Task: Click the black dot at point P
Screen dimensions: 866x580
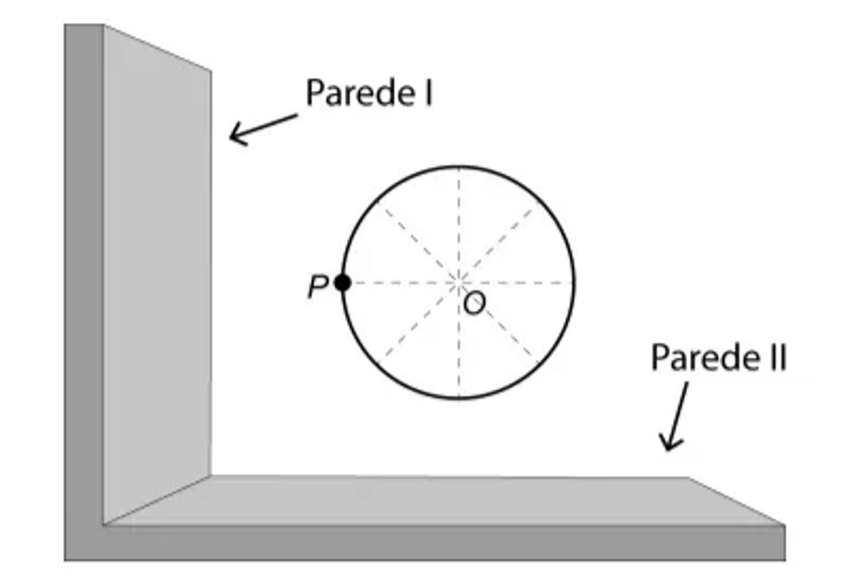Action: (x=343, y=283)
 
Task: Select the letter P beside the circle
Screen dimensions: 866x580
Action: (x=317, y=287)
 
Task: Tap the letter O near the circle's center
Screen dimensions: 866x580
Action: (x=474, y=304)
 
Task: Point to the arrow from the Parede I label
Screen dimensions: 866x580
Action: (x=263, y=128)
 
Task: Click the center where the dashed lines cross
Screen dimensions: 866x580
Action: (x=459, y=283)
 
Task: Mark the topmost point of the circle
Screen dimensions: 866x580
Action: (x=459, y=167)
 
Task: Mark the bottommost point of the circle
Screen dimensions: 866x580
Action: (x=459, y=397)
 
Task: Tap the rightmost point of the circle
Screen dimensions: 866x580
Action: (x=574, y=283)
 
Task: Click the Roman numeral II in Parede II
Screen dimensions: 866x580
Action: (x=777, y=358)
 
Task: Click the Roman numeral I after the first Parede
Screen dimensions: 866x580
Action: (x=428, y=93)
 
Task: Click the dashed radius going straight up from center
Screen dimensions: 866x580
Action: (x=459, y=224)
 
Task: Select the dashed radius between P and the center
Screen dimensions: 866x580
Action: (x=401, y=283)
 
